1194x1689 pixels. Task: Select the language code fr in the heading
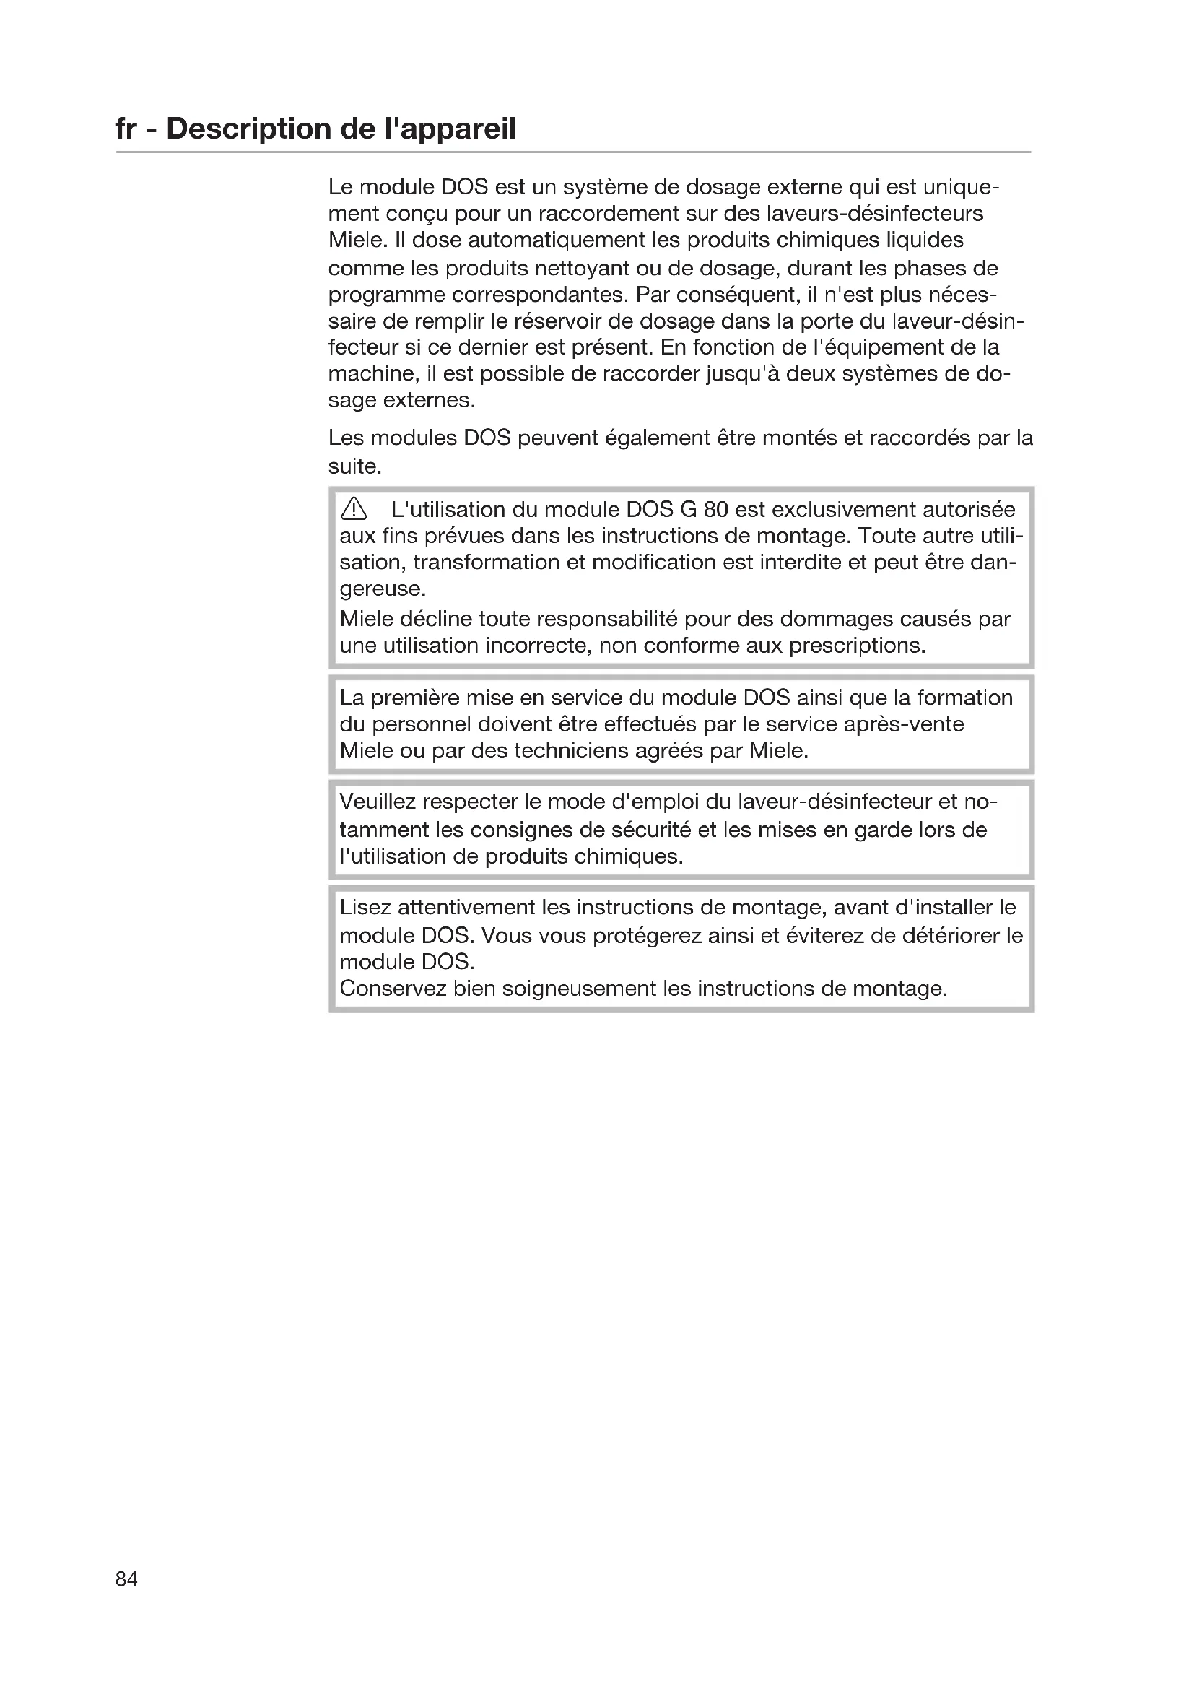click(126, 129)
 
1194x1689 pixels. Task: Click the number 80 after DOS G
click(715, 509)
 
